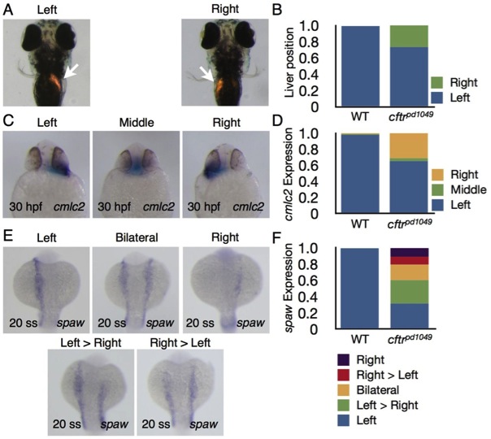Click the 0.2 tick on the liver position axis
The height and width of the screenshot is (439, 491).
point(321,91)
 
